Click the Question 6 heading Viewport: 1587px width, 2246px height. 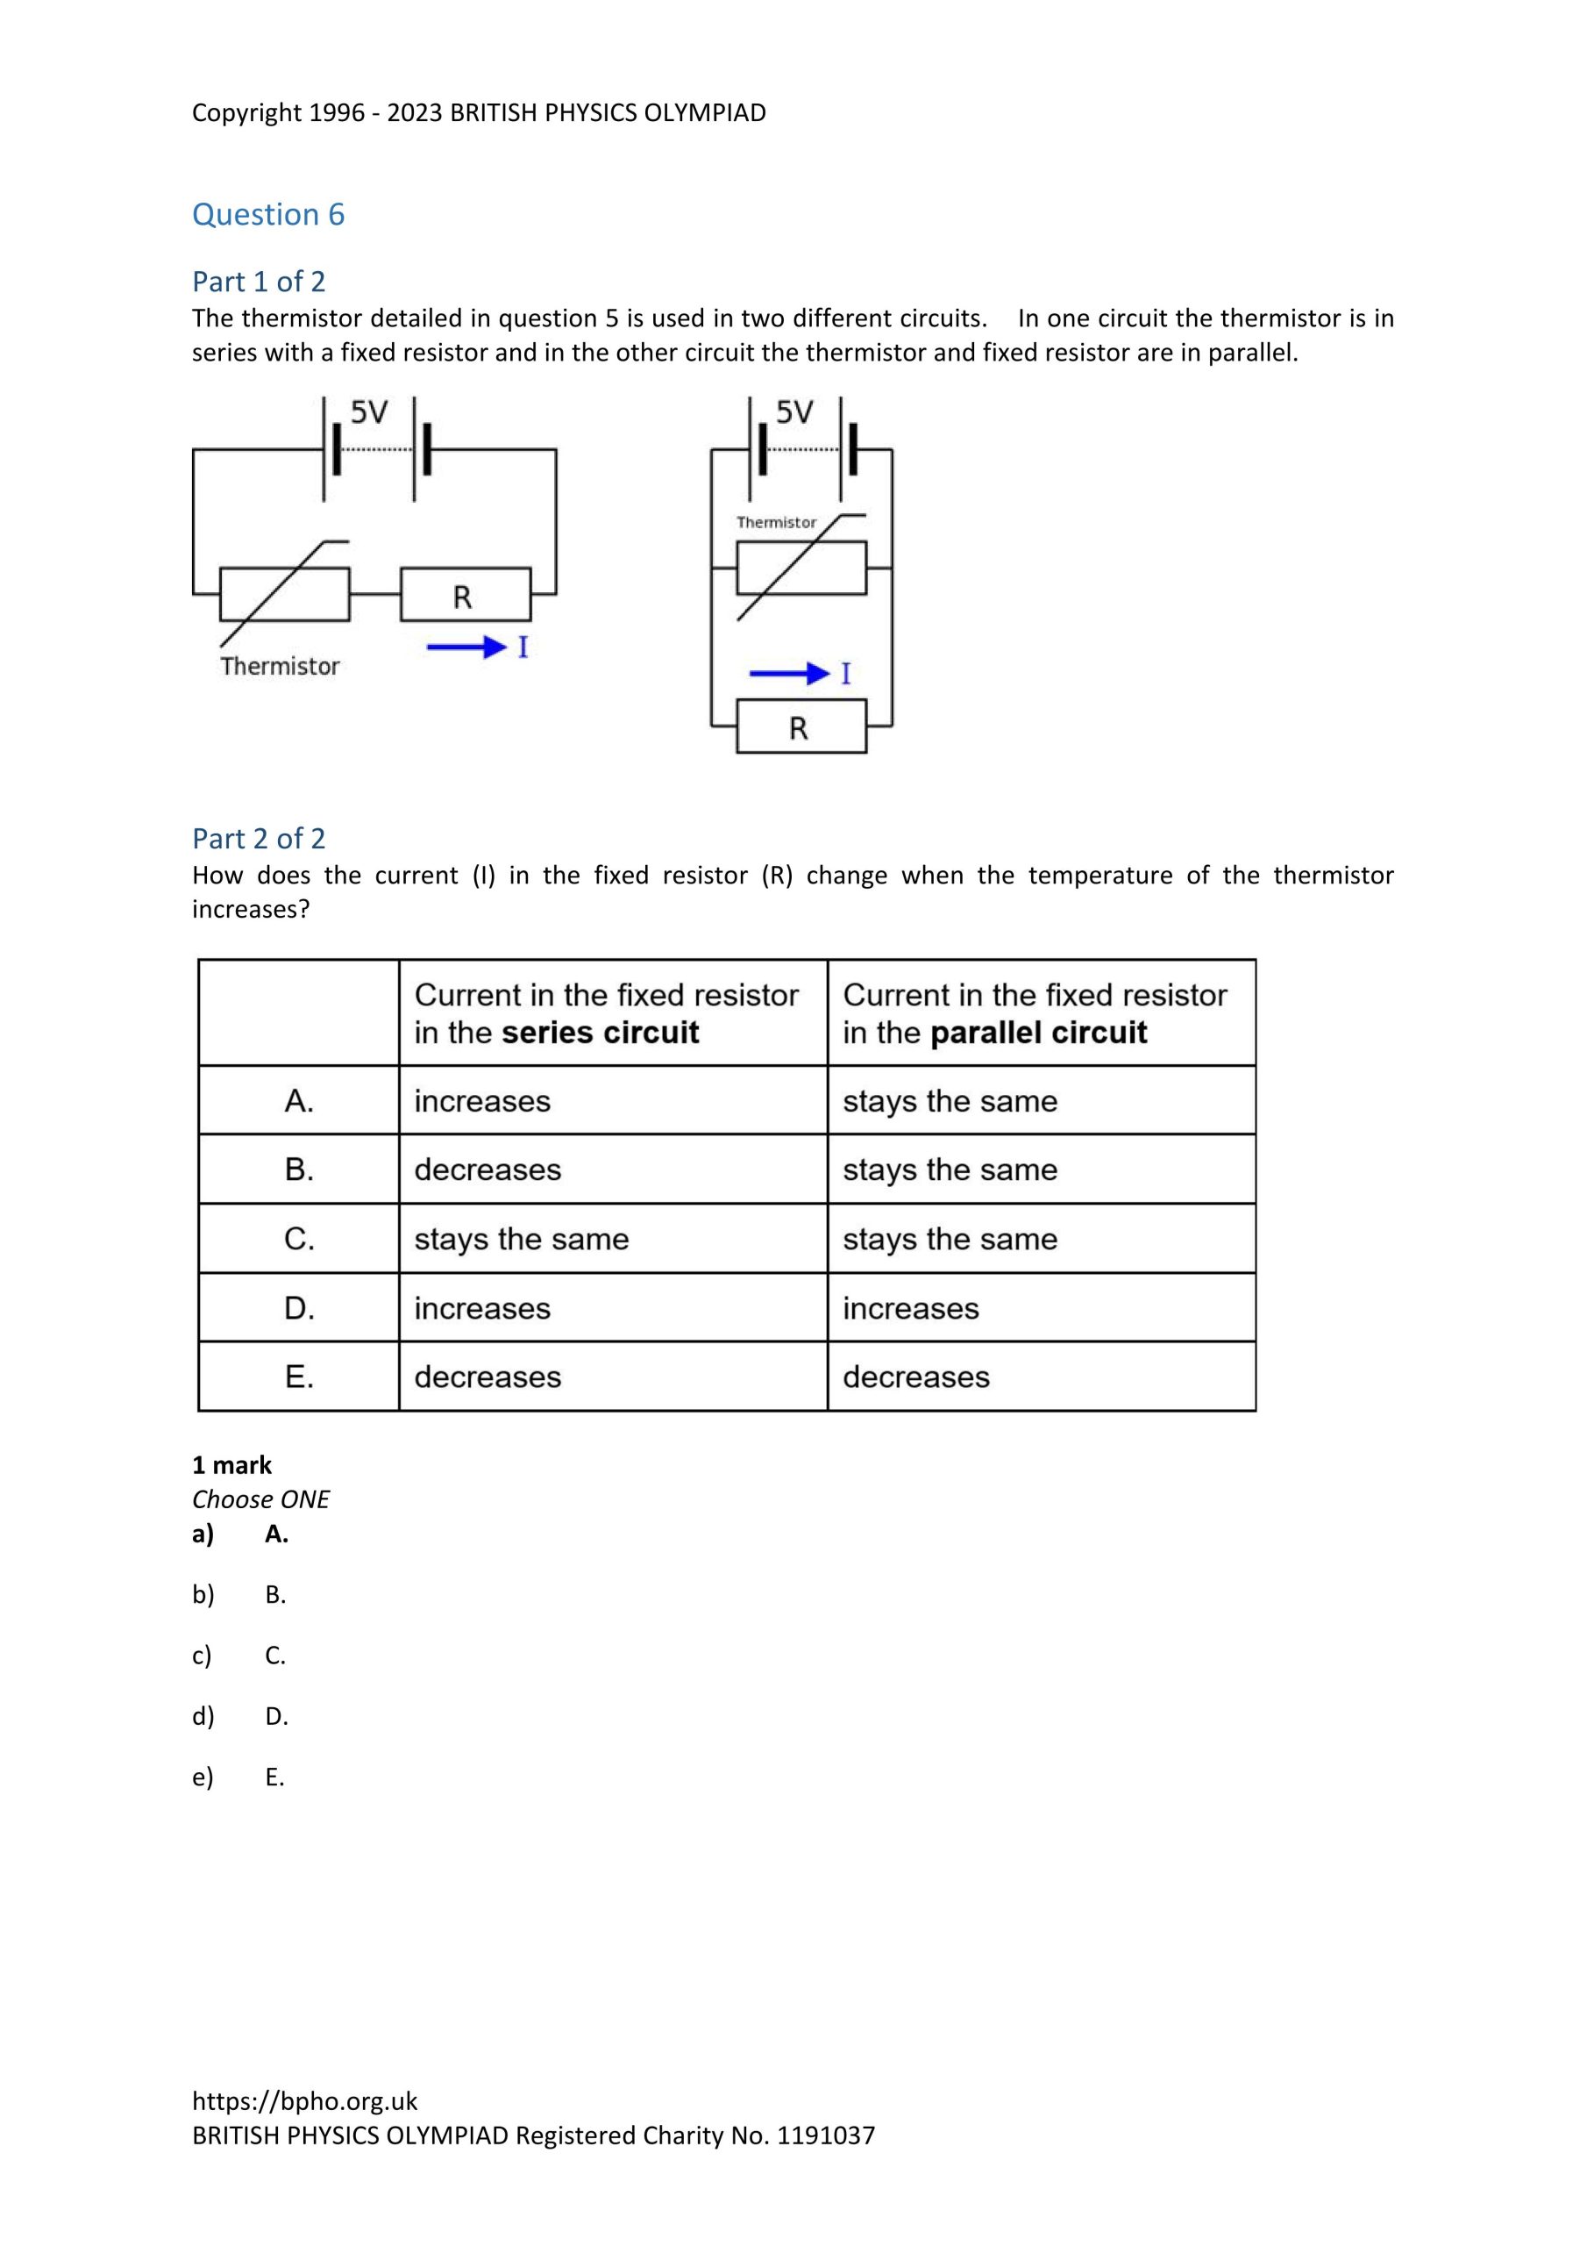[x=268, y=214]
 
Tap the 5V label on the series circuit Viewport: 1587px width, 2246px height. [x=368, y=414]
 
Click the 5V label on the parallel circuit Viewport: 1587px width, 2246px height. [x=794, y=413]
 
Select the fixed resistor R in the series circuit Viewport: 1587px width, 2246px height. [x=466, y=595]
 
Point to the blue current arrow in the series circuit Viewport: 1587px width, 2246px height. [x=466, y=647]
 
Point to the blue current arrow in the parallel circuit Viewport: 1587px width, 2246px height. [x=789, y=673]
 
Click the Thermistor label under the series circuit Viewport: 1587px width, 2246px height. [x=280, y=666]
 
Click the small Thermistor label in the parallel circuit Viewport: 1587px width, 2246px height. [x=775, y=522]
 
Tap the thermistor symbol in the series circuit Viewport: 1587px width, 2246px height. [x=285, y=594]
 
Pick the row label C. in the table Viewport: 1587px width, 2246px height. [x=299, y=1240]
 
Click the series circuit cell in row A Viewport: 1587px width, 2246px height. [x=482, y=1101]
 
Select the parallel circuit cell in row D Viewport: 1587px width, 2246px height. [x=910, y=1309]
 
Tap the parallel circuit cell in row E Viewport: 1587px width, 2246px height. [x=916, y=1377]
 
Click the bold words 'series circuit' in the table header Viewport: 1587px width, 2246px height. [x=601, y=1033]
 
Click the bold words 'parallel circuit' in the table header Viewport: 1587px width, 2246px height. [x=1038, y=1033]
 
